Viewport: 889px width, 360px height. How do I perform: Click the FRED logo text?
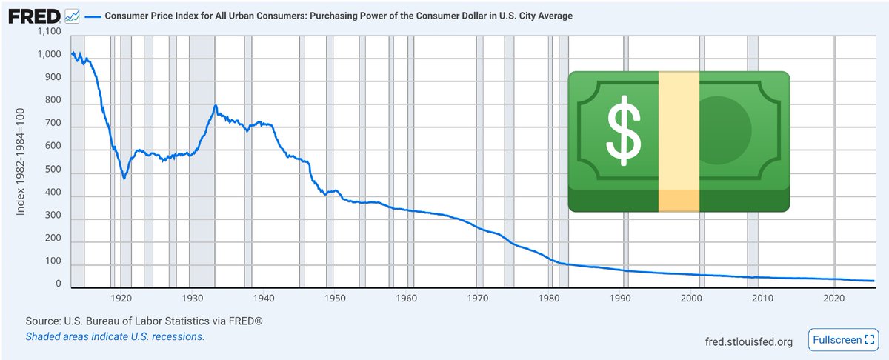(34, 16)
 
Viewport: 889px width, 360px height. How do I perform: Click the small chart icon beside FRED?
(73, 16)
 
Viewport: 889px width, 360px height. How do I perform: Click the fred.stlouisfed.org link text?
(749, 341)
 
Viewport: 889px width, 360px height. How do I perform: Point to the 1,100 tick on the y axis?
(49, 32)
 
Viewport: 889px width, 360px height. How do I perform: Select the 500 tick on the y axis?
(53, 173)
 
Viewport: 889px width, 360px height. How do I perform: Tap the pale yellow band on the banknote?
(679, 141)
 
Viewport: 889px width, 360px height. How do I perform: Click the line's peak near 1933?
(215, 106)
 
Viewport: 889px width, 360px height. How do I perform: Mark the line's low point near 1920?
(124, 179)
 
